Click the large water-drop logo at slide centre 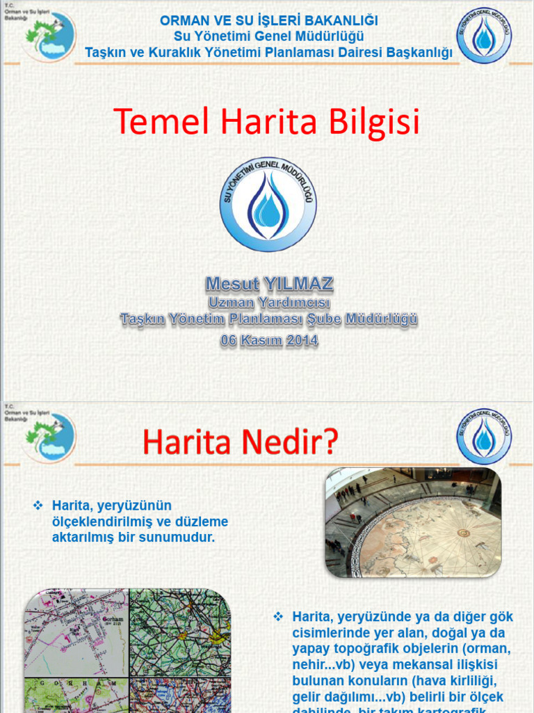click(268, 204)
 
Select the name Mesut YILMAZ click(269, 283)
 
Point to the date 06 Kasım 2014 click(269, 340)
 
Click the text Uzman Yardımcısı click(269, 303)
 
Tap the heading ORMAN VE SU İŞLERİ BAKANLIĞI click(268, 22)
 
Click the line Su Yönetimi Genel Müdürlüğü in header click(268, 36)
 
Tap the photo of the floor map click(413, 523)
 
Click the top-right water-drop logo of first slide click(484, 36)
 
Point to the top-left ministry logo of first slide click(49, 36)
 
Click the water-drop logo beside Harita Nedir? click(484, 437)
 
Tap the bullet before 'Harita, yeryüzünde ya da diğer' click(279, 616)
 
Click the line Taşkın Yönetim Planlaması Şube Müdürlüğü click(269, 320)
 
